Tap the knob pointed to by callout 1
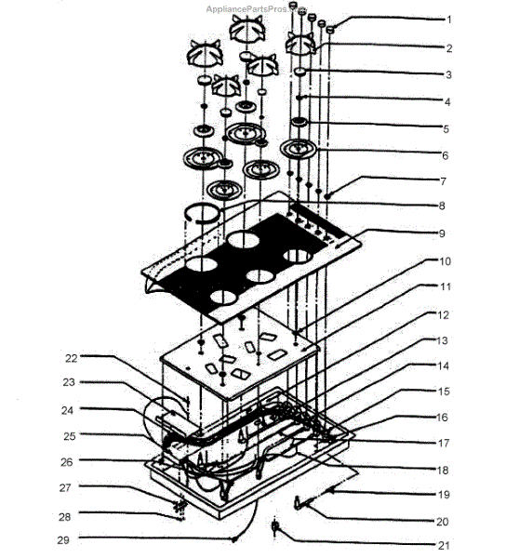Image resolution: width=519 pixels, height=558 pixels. (330, 30)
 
